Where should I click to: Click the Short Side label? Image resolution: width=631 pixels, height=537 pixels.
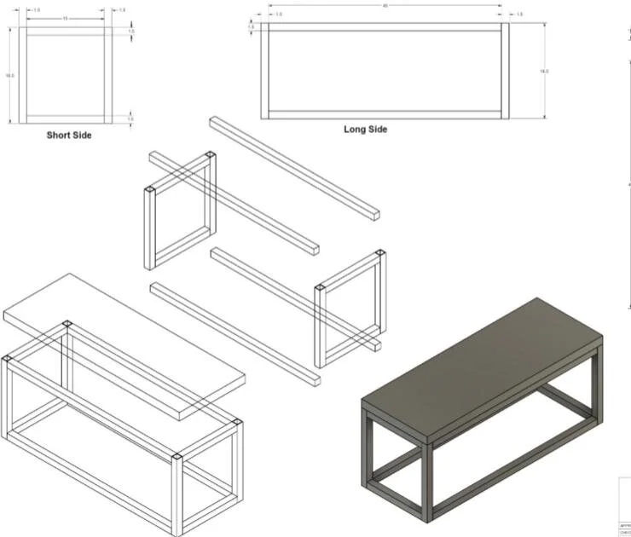[x=69, y=135]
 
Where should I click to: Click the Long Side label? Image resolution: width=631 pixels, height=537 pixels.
[x=365, y=130]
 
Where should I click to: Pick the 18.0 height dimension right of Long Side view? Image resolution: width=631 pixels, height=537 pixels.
[x=544, y=72]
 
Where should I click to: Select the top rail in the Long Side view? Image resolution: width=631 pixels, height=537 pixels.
[x=385, y=27]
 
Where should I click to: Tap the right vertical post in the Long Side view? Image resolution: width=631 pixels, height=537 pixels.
[x=505, y=72]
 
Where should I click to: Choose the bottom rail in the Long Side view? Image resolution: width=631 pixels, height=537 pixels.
[x=385, y=113]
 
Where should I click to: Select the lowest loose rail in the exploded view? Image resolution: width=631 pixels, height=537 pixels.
[x=234, y=332]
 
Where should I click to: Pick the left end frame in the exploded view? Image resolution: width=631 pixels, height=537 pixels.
[x=179, y=213]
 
